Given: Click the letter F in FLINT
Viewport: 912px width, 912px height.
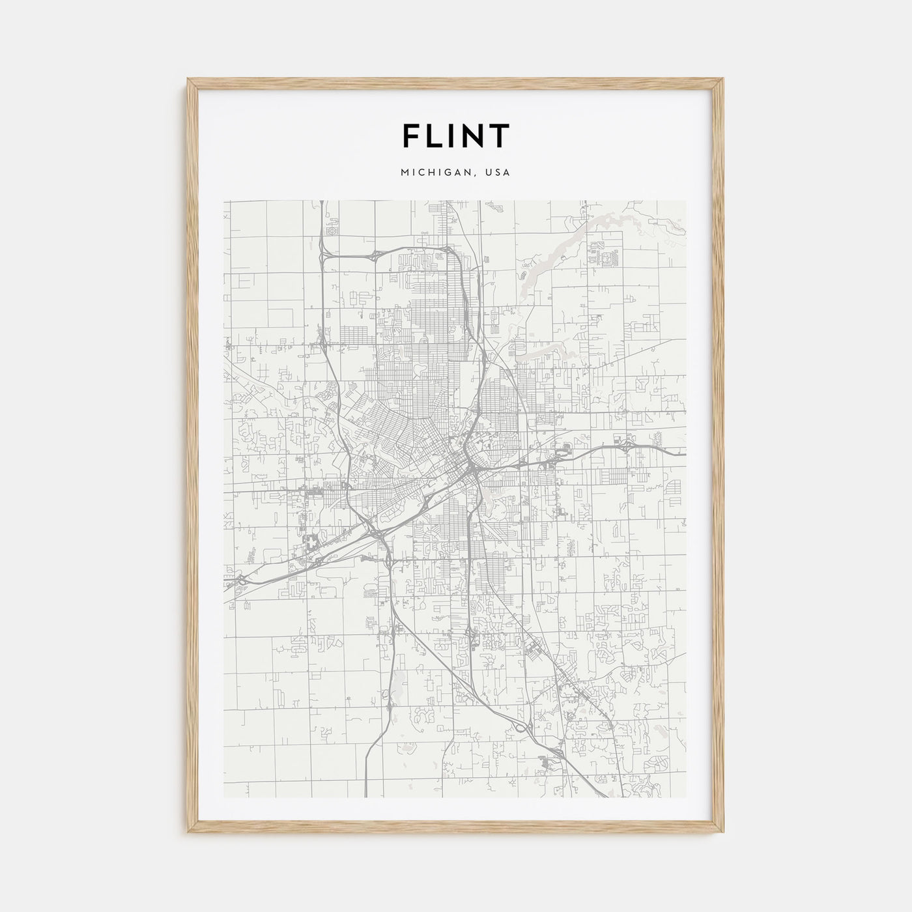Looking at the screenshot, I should (x=411, y=135).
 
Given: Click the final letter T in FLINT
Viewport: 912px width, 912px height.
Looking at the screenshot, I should (x=499, y=135).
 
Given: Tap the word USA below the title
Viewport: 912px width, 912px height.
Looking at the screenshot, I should (x=498, y=173).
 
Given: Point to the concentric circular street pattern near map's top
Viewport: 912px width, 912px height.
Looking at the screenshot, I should (x=334, y=229).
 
